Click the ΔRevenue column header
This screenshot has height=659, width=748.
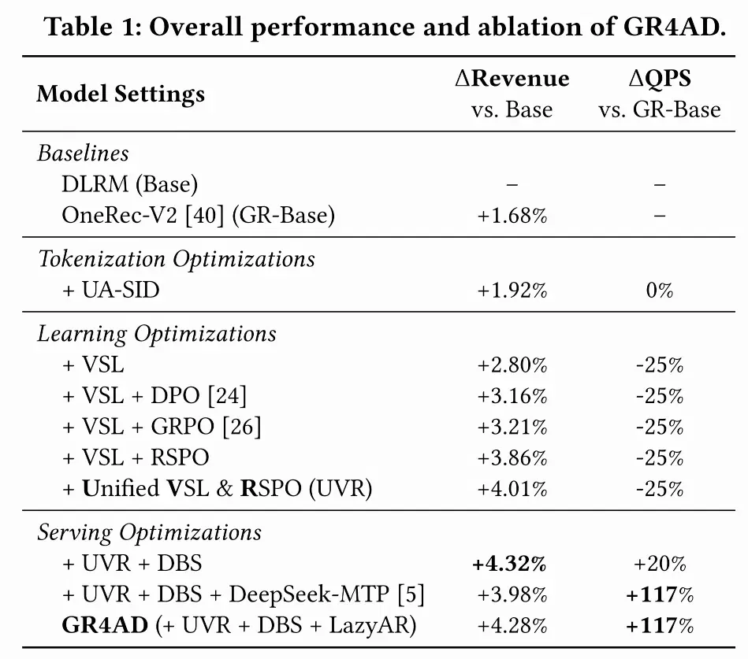pyautogui.click(x=512, y=79)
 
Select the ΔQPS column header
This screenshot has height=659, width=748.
pyautogui.click(x=660, y=79)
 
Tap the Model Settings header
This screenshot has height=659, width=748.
pyautogui.click(x=121, y=94)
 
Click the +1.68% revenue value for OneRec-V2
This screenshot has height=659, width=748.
pyautogui.click(x=512, y=216)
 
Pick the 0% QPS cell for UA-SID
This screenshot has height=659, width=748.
pyautogui.click(x=660, y=291)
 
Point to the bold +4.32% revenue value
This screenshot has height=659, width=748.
pyautogui.click(x=509, y=564)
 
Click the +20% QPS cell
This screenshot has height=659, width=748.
pyautogui.click(x=660, y=564)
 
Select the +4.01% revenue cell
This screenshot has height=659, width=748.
pyautogui.click(x=512, y=490)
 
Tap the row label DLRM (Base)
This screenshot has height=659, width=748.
pyautogui.click(x=130, y=184)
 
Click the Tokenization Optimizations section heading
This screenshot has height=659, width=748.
pyautogui.click(x=176, y=259)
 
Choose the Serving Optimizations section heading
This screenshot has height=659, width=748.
pyautogui.click(x=149, y=532)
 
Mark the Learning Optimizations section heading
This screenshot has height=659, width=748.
pyautogui.click(x=157, y=334)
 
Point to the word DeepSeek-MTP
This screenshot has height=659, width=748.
pyautogui.click(x=309, y=594)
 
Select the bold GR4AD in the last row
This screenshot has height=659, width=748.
pyautogui.click(x=105, y=625)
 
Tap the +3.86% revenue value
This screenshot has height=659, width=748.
pyautogui.click(x=512, y=458)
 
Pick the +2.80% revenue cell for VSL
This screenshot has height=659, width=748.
pyautogui.click(x=512, y=365)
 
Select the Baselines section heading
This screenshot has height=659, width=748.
pyautogui.click(x=83, y=154)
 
